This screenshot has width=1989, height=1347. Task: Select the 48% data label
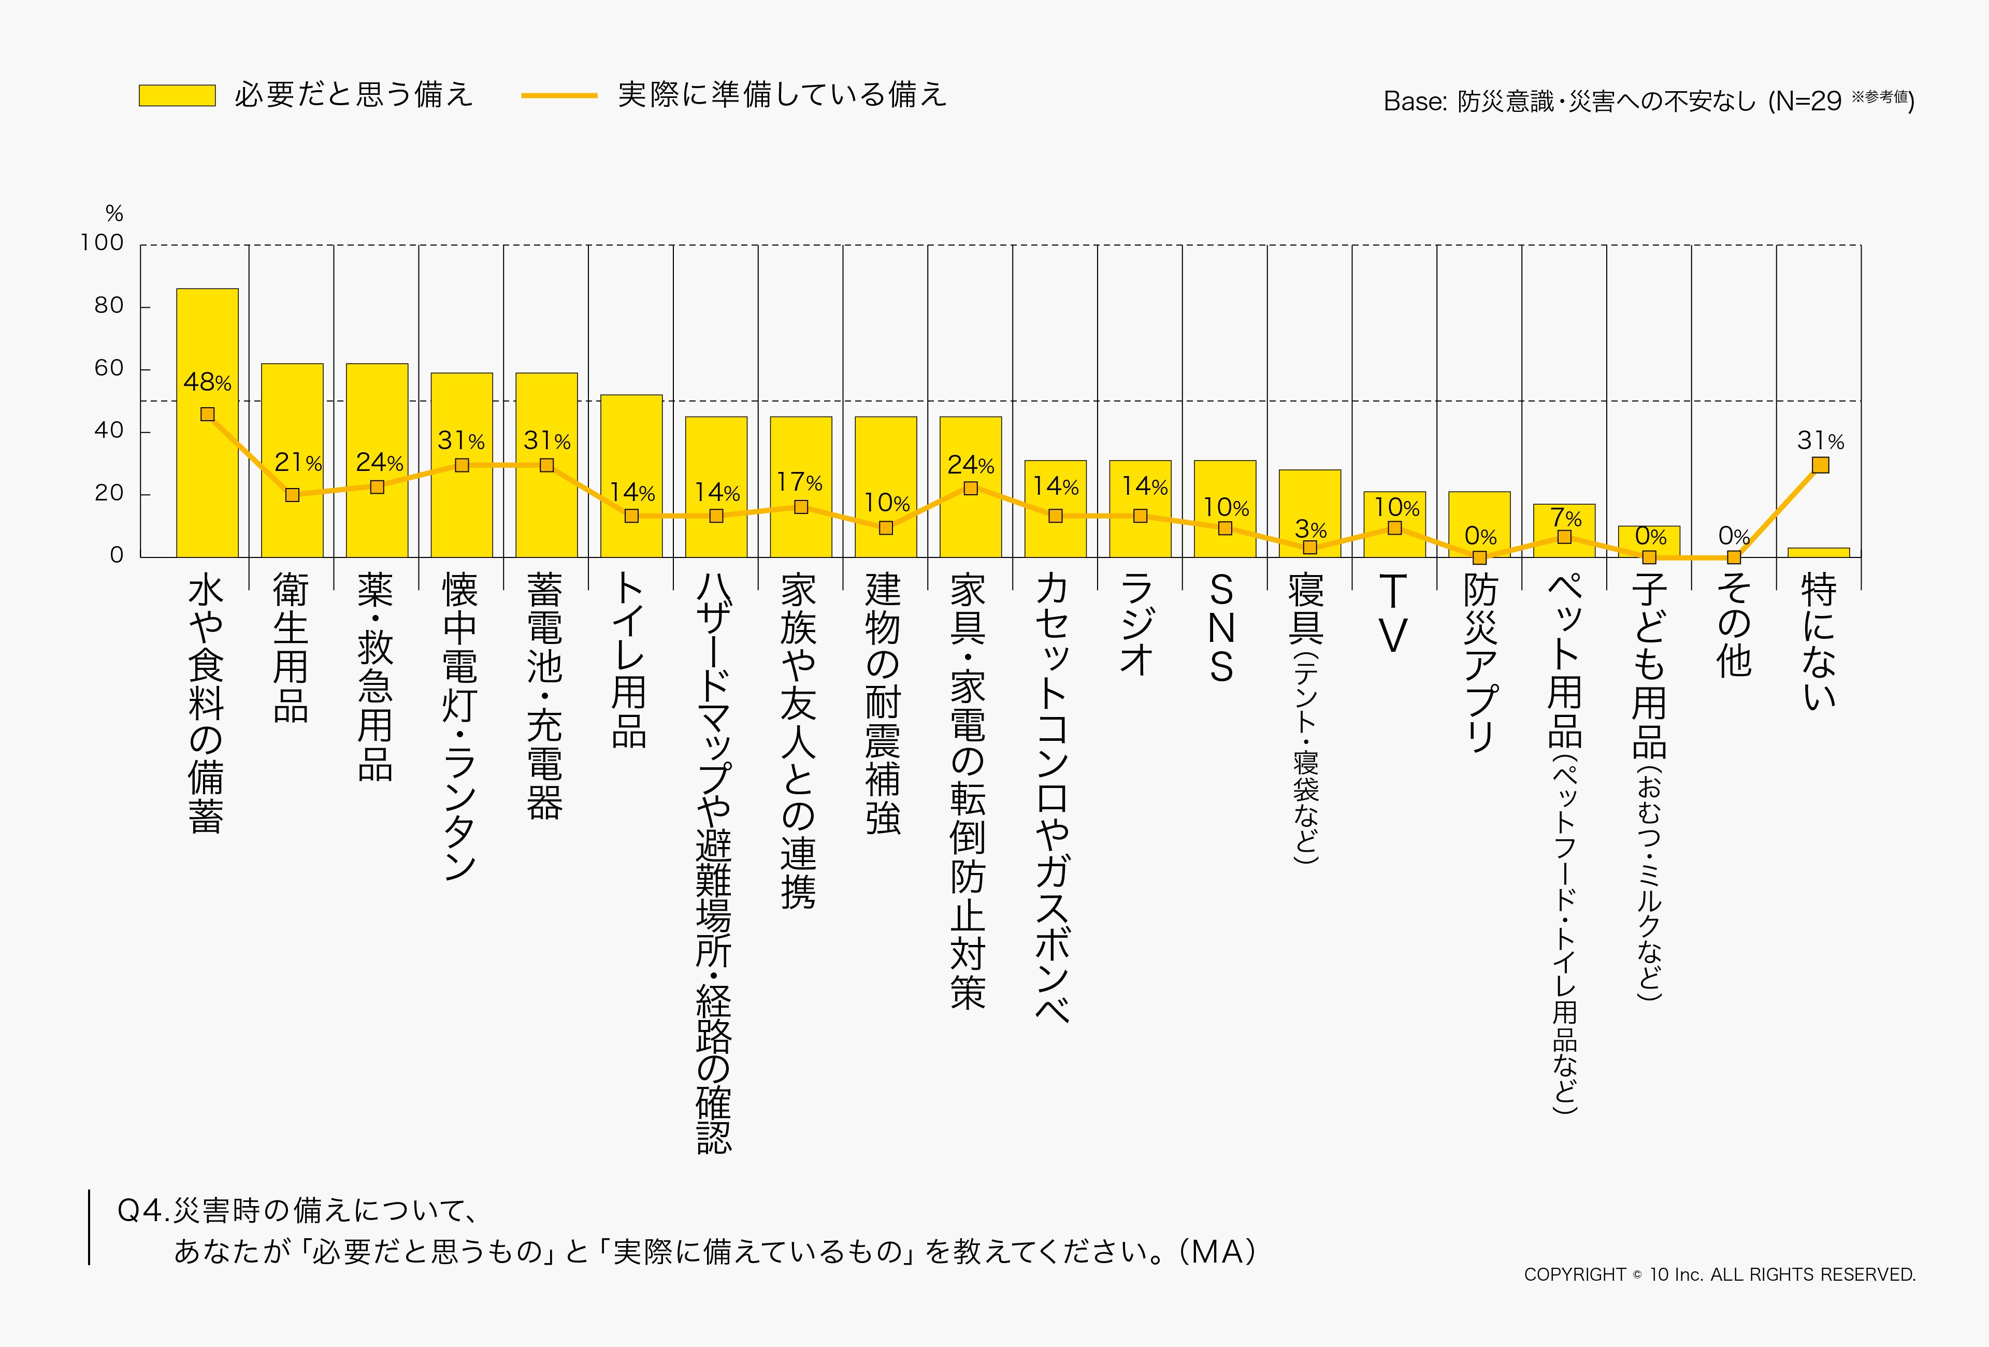tap(207, 382)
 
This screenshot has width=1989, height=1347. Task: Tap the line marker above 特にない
tap(1820, 465)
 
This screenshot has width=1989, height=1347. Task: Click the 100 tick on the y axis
tap(103, 243)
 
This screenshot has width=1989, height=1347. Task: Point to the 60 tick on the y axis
tap(109, 368)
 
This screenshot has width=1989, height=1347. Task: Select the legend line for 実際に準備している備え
tap(559, 95)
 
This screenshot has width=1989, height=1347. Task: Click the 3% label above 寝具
tap(1310, 529)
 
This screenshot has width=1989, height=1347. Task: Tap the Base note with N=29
tap(1648, 101)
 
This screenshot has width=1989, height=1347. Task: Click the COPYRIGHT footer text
tap(1719, 1275)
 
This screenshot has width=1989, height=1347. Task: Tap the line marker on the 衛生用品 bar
tap(292, 495)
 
